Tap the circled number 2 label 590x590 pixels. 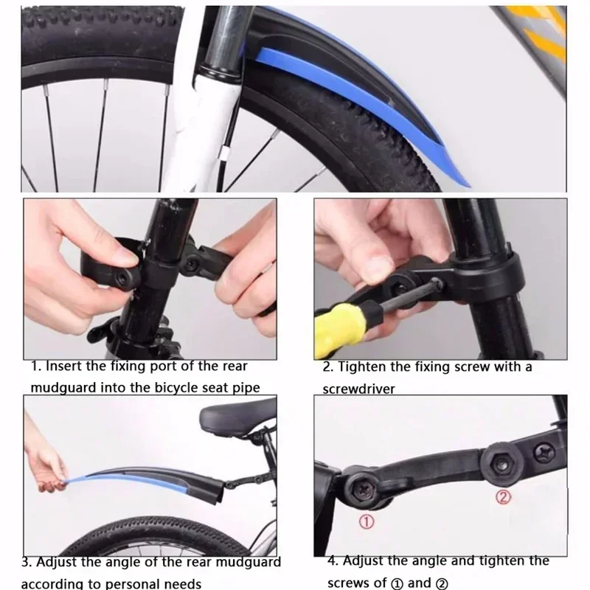(502, 498)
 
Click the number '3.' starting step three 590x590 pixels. (27, 562)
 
